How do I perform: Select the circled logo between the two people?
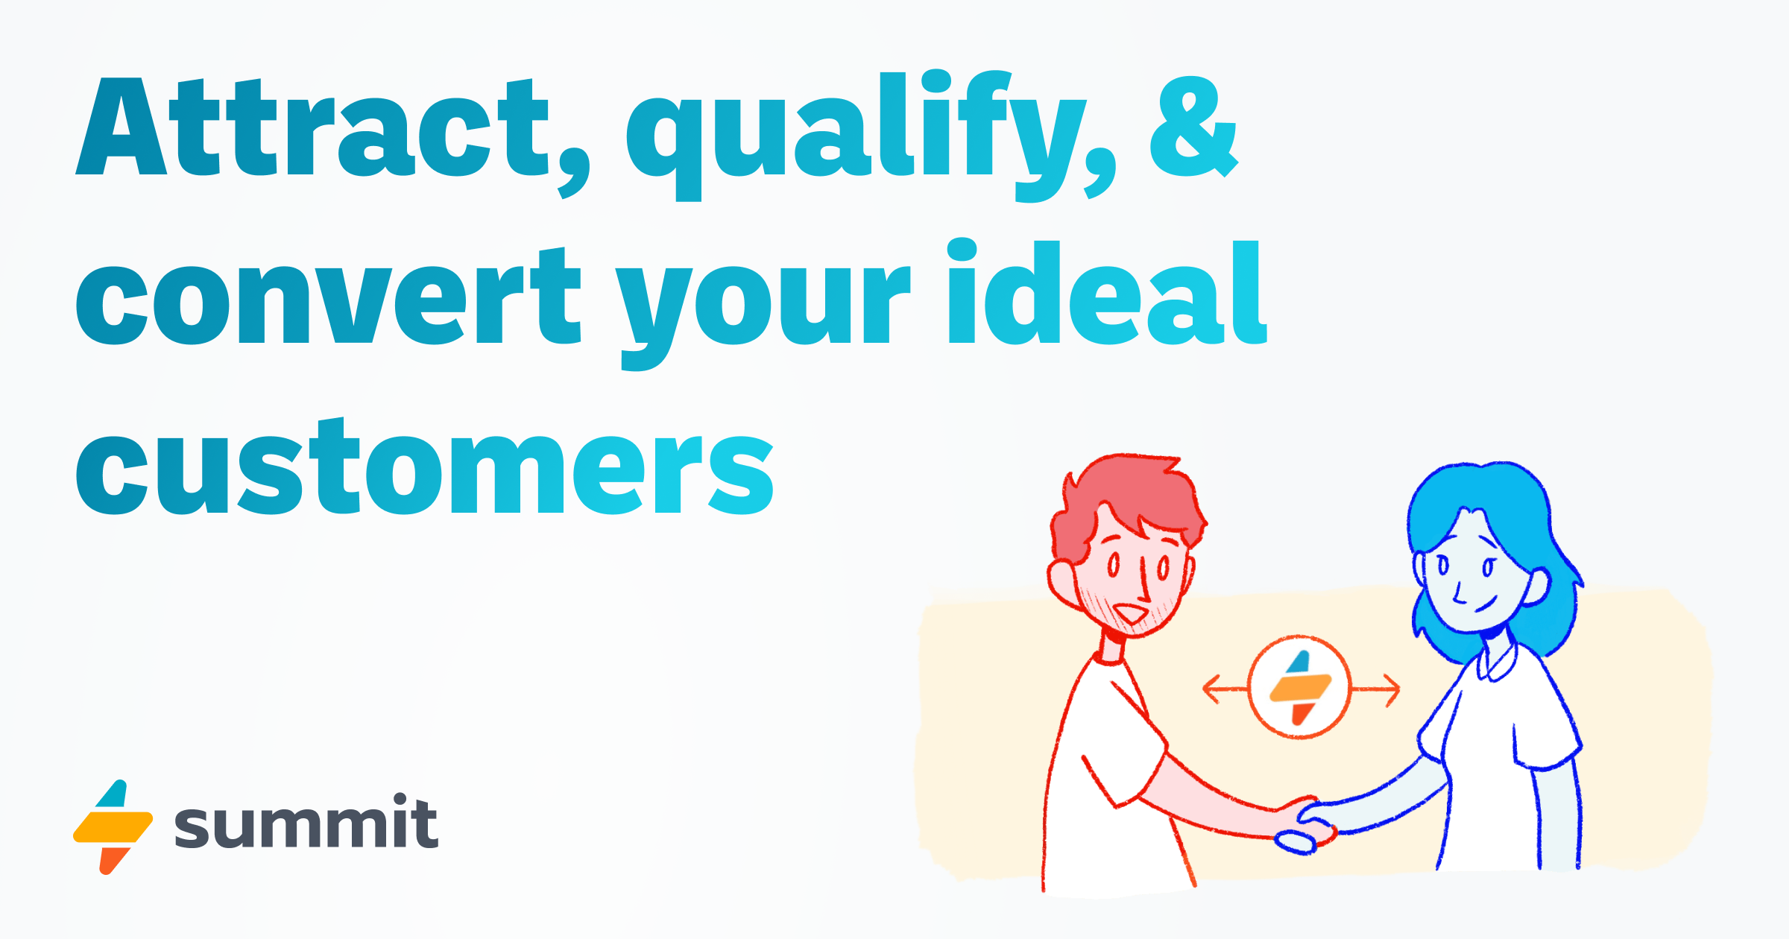[1300, 687]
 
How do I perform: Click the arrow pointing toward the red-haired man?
[1222, 689]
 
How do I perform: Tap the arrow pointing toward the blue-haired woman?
[1379, 690]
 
